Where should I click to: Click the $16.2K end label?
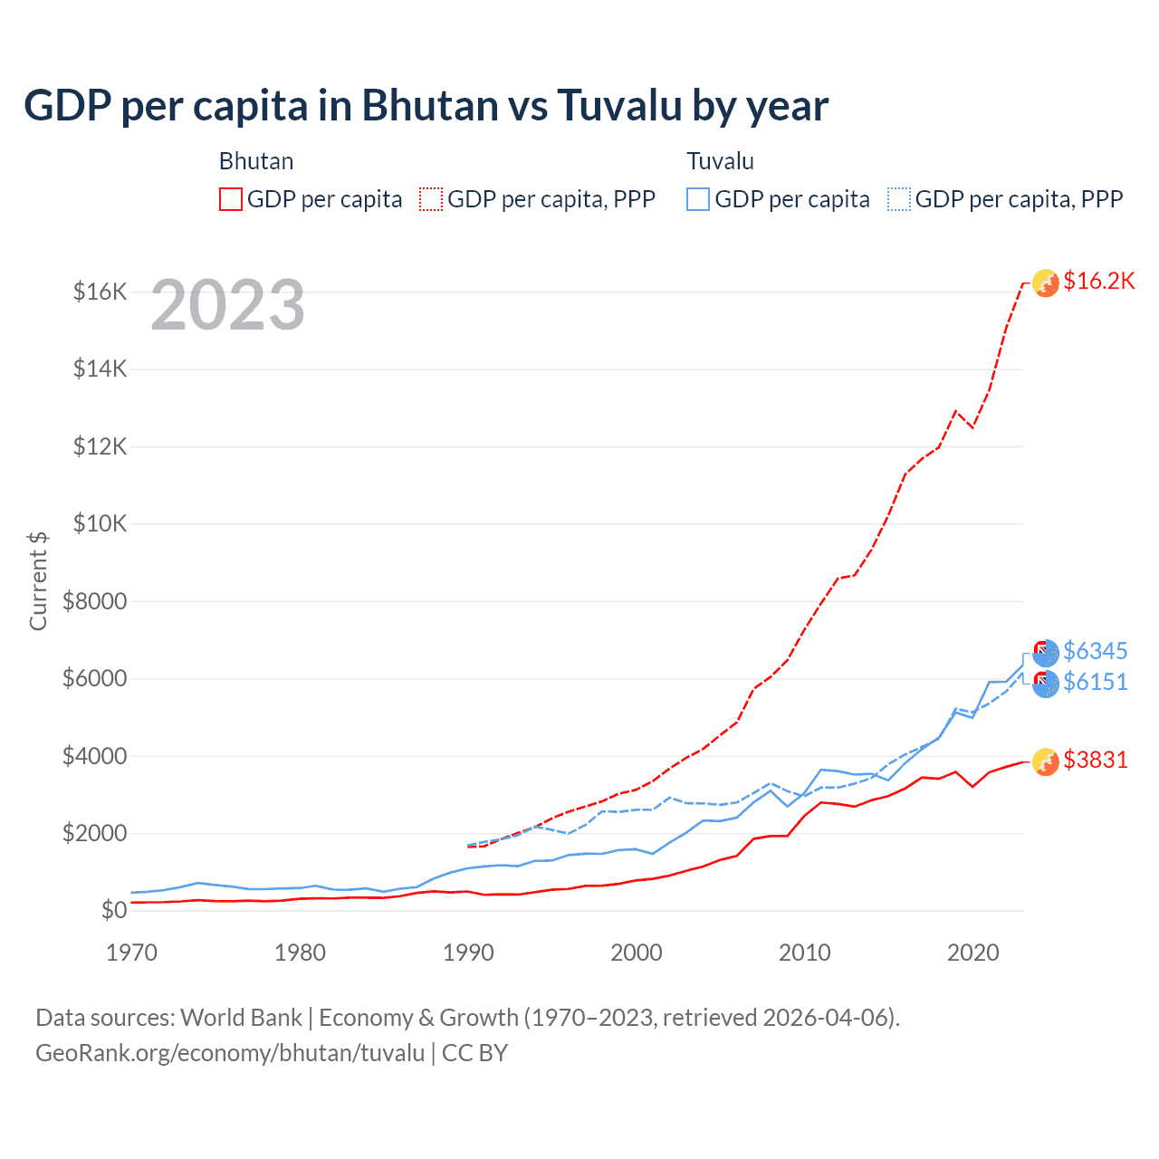click(x=1098, y=282)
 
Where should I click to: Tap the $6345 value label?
click(x=1096, y=651)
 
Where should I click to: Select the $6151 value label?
click(x=1096, y=682)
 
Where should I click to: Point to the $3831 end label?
click(x=1096, y=760)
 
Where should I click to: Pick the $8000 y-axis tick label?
click(x=94, y=601)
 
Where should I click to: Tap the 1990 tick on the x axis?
click(x=468, y=953)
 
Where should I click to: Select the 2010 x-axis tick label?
click(x=805, y=953)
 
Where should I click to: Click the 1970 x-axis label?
click(x=132, y=953)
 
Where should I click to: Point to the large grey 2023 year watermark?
click(x=227, y=305)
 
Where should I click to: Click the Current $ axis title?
click(x=38, y=581)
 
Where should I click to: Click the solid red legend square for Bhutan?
click(x=231, y=199)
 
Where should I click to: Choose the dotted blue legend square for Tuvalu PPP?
click(x=899, y=199)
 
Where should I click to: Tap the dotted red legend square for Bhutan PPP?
click(x=432, y=199)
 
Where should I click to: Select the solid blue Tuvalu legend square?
click(x=698, y=199)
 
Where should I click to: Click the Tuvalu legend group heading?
click(x=720, y=161)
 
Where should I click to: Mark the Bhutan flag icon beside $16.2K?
click(x=1046, y=283)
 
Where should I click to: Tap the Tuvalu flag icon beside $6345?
click(x=1046, y=653)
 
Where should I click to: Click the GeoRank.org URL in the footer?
click(x=230, y=1053)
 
